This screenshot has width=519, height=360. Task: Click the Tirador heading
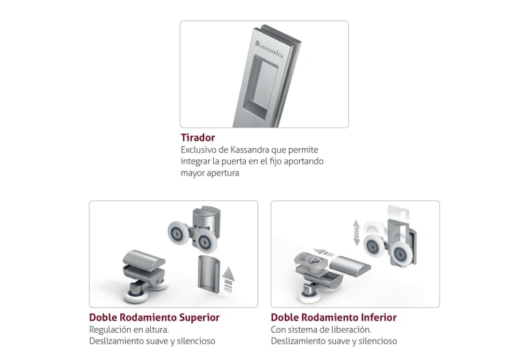197,137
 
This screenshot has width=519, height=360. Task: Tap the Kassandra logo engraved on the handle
269,49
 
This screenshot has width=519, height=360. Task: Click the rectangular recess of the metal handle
260,87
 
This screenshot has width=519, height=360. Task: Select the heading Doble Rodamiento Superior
154,317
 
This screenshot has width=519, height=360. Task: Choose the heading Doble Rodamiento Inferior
334,317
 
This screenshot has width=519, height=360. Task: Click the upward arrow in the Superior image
228,279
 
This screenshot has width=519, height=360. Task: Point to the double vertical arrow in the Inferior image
356,232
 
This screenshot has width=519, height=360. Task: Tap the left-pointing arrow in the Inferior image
324,253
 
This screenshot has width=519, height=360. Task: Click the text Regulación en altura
129,329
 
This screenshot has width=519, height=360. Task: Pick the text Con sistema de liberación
321,329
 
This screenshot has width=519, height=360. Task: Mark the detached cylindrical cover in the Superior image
208,274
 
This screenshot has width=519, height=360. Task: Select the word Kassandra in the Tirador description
249,150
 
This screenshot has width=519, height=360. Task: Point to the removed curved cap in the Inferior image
350,266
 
